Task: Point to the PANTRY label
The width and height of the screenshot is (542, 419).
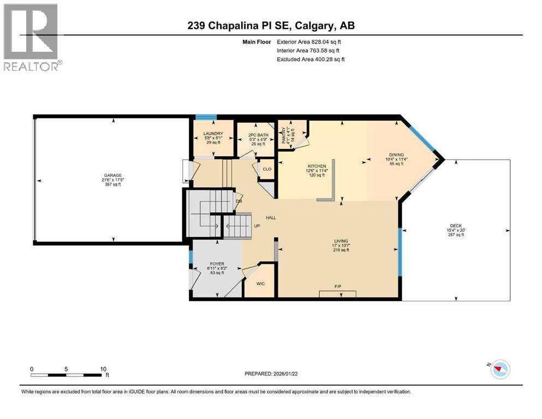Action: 283,133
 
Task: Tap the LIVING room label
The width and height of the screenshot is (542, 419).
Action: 342,241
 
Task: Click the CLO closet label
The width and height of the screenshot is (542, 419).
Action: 267,169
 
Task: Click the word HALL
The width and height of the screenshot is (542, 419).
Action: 271,218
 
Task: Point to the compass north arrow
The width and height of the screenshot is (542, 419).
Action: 497,369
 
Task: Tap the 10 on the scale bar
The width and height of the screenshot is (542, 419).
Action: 103,369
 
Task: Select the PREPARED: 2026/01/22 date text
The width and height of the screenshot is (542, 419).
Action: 271,374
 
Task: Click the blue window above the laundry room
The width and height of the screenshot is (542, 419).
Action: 206,116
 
